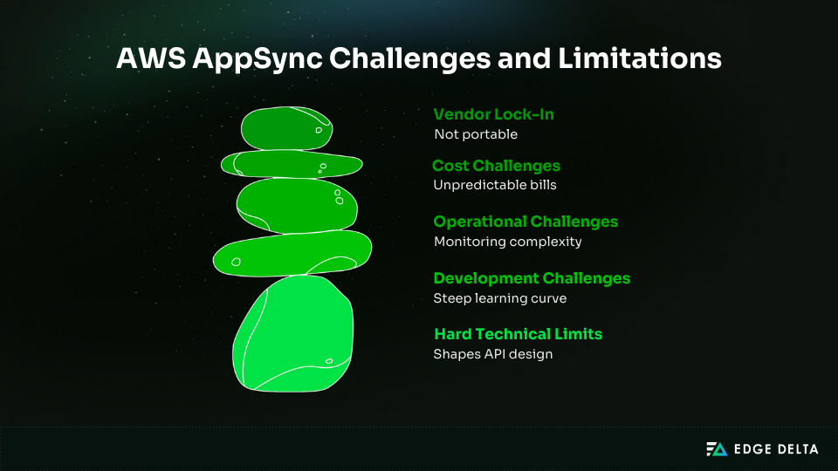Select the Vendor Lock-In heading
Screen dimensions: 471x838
tap(493, 114)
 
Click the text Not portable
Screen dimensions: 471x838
tap(475, 134)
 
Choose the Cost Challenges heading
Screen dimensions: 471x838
tap(496, 166)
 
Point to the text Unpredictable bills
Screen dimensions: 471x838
tap(494, 185)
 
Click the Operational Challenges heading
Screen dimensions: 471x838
tap(525, 222)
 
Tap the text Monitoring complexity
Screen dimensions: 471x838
tap(507, 242)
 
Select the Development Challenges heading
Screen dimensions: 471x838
tap(531, 278)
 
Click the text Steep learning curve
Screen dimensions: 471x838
tap(499, 298)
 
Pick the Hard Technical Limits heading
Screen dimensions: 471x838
tap(518, 334)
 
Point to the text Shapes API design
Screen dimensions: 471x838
tap(492, 354)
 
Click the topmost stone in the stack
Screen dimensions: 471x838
tap(286, 128)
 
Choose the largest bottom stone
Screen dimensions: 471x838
tap(293, 333)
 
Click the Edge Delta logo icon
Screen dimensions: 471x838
tap(716, 449)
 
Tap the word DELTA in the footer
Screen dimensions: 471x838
tap(797, 449)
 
